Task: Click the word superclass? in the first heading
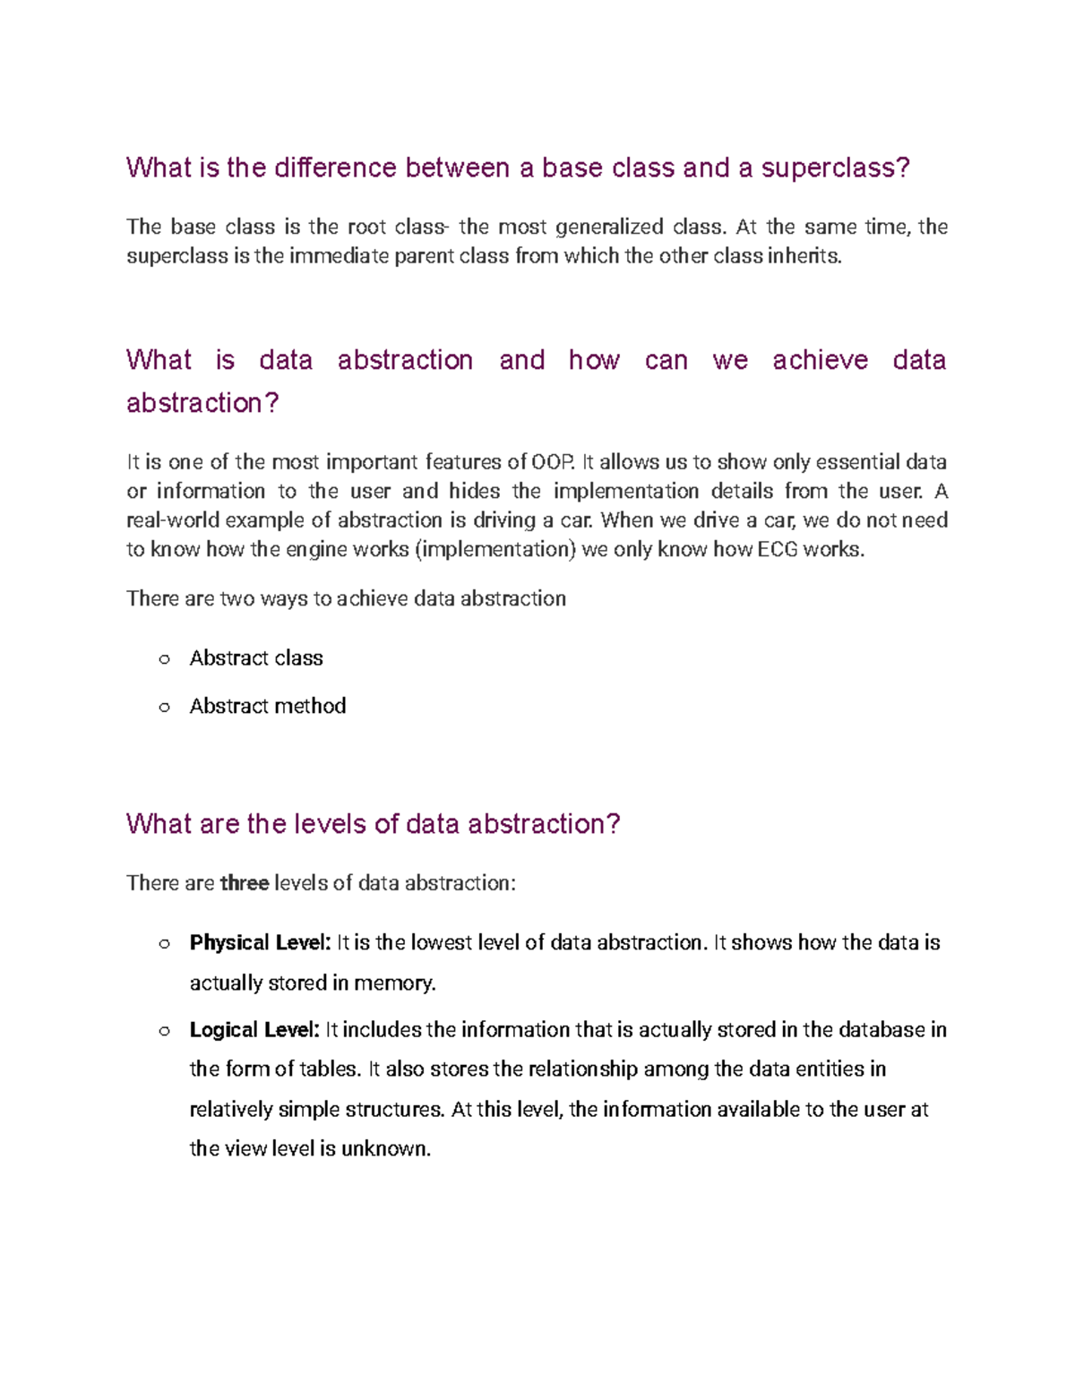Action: (x=835, y=168)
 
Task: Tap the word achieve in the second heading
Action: (x=820, y=360)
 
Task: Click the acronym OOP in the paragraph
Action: (x=551, y=462)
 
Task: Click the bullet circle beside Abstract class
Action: (x=164, y=659)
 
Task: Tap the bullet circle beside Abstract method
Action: (x=164, y=708)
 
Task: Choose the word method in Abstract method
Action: (x=311, y=706)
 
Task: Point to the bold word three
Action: (x=245, y=883)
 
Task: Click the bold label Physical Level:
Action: (x=260, y=942)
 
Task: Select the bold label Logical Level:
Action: (x=254, y=1030)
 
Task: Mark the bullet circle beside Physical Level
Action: (x=164, y=943)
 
